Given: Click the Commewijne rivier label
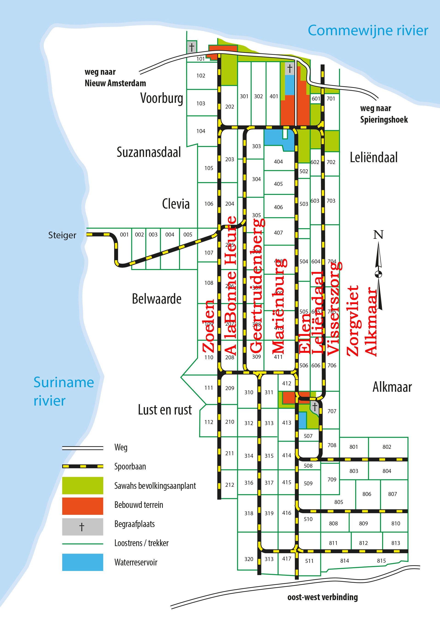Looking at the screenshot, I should (368, 30).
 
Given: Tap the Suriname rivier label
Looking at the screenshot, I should (63, 391).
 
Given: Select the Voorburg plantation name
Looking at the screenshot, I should (161, 98).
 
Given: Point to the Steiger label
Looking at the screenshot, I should (62, 235).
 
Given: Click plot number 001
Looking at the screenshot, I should (124, 234).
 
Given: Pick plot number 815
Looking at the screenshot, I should (381, 561).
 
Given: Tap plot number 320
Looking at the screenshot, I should (249, 559).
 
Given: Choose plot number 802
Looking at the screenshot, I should (387, 447).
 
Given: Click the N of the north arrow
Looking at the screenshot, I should (378, 235).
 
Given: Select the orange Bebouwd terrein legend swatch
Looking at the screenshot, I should (82, 506).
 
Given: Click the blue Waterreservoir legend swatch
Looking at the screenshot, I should (82, 562).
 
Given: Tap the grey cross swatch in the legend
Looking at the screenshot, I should (82, 527).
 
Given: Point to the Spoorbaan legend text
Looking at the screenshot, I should (130, 466).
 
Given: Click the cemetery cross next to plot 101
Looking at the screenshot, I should (192, 47).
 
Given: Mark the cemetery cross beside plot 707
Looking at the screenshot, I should (315, 407).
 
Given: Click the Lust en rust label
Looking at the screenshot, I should (165, 410).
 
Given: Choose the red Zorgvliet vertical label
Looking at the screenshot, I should (353, 320).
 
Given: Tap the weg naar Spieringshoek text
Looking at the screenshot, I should (384, 114).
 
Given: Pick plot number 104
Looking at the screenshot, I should (201, 131).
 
